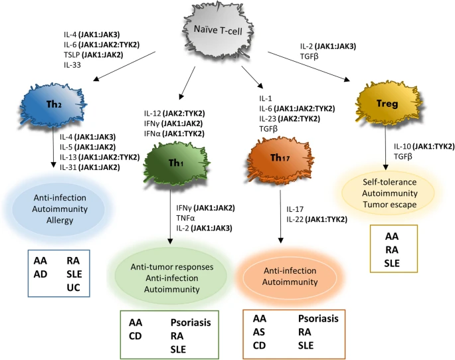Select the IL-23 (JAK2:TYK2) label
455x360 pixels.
click(296, 118)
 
